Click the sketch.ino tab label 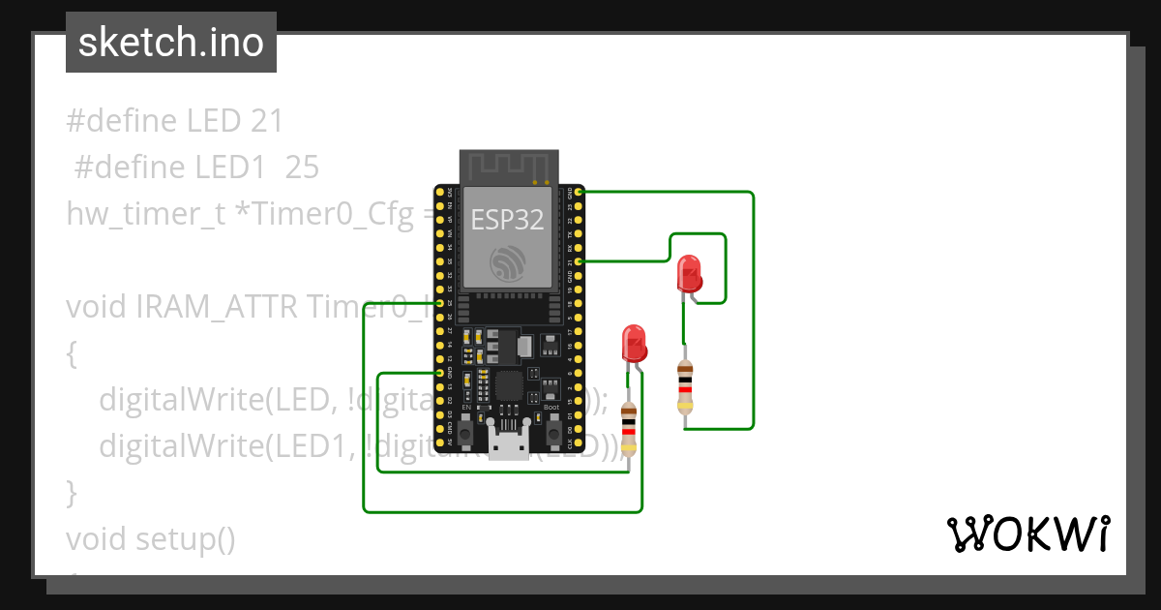coord(170,43)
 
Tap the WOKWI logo coord(1027,534)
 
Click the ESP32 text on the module coord(506,220)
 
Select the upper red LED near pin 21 coord(689,274)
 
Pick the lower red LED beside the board coord(634,343)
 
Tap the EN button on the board coord(466,434)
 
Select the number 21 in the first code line coord(266,121)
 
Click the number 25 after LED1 coord(302,168)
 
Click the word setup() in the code coord(185,537)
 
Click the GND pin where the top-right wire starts coord(579,193)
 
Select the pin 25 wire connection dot coord(440,303)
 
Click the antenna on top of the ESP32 coord(509,166)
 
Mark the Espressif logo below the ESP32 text coord(509,263)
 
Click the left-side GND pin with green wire coord(440,373)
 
